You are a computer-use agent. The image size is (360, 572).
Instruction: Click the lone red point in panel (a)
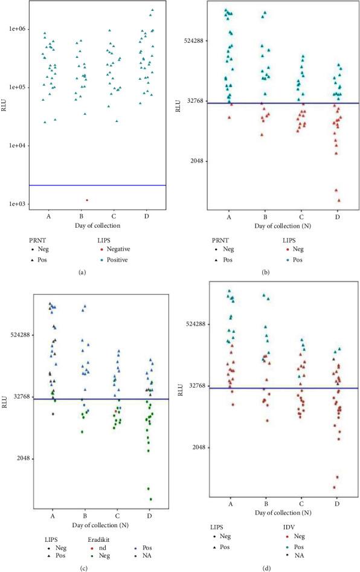coord(87,200)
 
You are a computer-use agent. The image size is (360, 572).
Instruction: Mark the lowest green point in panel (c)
coord(150,499)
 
